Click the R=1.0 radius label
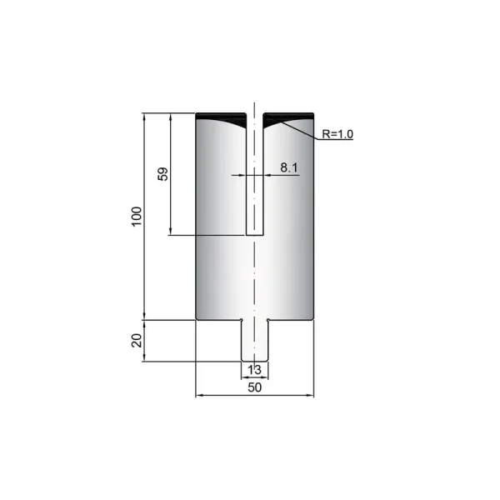click(337, 134)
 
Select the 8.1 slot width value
click(289, 167)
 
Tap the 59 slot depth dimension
click(162, 174)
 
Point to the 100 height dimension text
click(137, 217)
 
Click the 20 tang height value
click(137, 340)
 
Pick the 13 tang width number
click(254, 370)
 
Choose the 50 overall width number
click(254, 387)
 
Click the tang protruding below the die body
click(254, 341)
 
